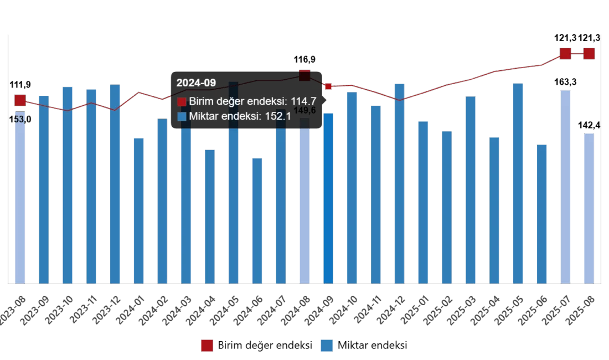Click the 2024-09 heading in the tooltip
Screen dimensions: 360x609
click(x=196, y=83)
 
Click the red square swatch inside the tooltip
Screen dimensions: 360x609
click(x=182, y=101)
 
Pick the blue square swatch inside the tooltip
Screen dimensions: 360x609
click(x=182, y=116)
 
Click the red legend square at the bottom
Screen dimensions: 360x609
click(x=206, y=346)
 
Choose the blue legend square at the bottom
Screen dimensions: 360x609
click(x=328, y=346)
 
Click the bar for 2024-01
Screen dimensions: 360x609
click(x=139, y=211)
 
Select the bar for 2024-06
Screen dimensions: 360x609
click(x=257, y=221)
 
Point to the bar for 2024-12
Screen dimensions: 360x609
click(x=399, y=183)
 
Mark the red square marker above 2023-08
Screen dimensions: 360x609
click(x=19, y=100)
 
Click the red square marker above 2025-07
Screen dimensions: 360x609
click(x=565, y=54)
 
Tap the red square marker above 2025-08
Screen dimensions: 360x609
click(x=589, y=54)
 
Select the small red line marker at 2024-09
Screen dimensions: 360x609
click(x=328, y=86)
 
